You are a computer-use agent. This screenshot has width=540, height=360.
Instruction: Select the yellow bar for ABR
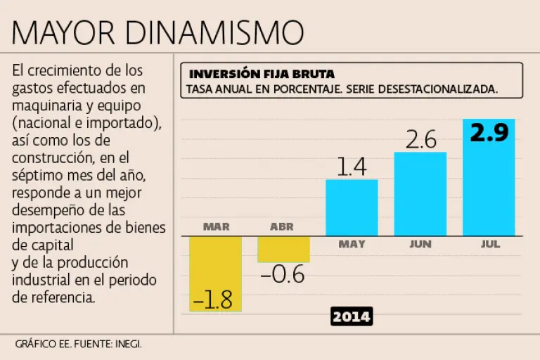(x=283, y=249)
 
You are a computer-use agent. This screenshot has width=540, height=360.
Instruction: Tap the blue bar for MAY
(x=352, y=208)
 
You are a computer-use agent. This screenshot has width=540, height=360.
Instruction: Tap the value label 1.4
(x=352, y=167)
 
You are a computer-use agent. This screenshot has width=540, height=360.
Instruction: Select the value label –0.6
(x=283, y=274)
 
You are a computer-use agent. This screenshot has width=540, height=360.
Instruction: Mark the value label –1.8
(x=214, y=300)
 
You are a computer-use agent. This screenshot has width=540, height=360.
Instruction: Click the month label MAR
(x=216, y=226)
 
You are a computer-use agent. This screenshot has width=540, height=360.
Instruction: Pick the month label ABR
(x=282, y=226)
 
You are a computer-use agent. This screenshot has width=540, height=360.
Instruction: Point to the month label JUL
(x=490, y=245)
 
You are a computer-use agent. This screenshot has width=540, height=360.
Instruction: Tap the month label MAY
(x=352, y=245)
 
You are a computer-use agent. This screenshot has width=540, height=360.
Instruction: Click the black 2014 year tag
(x=352, y=316)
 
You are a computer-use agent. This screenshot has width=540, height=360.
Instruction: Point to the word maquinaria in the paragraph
(x=46, y=105)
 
